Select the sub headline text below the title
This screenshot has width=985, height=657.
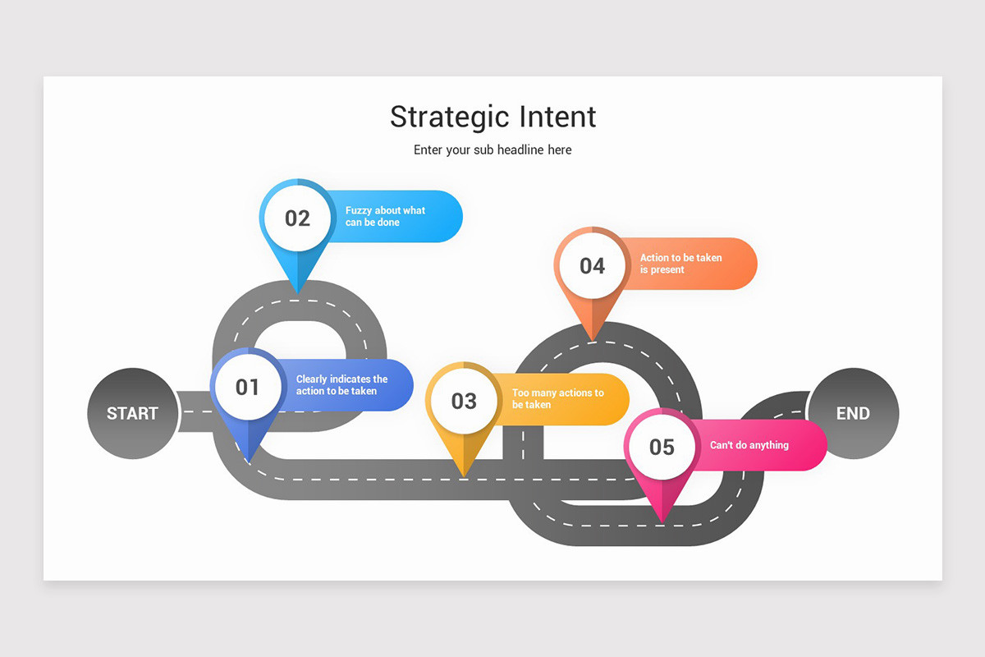click(x=492, y=150)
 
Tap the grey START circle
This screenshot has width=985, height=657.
click(x=132, y=413)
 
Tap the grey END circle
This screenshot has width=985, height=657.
click(x=853, y=413)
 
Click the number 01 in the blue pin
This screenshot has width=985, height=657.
click(x=247, y=387)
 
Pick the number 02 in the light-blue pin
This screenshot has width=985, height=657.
click(x=297, y=218)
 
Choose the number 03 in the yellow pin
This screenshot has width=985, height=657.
click(x=464, y=401)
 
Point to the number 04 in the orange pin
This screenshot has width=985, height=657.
click(x=592, y=265)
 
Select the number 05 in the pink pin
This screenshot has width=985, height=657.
click(x=662, y=447)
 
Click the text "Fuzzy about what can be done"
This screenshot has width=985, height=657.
click(x=385, y=217)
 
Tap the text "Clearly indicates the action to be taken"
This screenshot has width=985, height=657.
click(x=341, y=385)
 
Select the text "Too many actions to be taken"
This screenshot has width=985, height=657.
click(x=557, y=399)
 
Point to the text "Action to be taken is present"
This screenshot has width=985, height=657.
click(x=680, y=264)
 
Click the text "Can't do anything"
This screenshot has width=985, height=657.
click(x=749, y=445)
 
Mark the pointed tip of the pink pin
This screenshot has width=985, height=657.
click(x=662, y=521)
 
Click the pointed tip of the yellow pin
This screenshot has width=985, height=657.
click(x=465, y=476)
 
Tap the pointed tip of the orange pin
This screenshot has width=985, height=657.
click(x=592, y=339)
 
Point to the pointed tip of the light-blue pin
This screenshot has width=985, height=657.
click(x=297, y=293)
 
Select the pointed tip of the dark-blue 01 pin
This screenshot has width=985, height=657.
click(x=248, y=462)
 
